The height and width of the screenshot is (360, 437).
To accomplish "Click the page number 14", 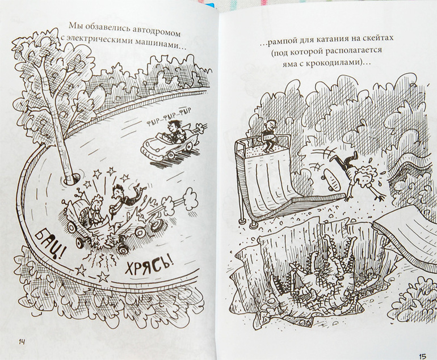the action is (22, 342).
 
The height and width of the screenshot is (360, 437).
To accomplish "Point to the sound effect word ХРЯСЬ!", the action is (148, 265).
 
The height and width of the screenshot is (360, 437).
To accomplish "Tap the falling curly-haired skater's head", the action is (364, 174).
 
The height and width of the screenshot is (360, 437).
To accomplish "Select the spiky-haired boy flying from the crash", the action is (125, 197).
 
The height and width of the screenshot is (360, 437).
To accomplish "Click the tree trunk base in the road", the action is (72, 179).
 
